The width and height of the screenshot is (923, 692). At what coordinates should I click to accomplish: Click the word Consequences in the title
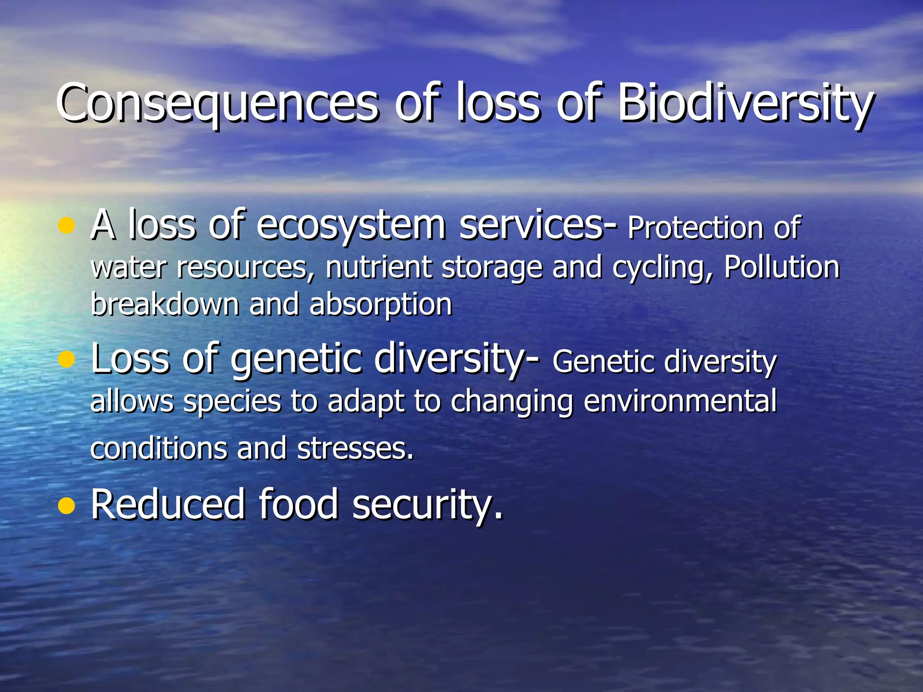pyautogui.click(x=216, y=104)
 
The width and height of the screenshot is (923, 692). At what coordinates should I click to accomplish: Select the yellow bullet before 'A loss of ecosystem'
pyautogui.click(x=66, y=225)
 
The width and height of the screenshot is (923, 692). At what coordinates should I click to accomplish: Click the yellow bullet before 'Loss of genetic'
pyautogui.click(x=66, y=360)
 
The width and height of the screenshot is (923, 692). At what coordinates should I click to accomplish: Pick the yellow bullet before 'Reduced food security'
pyautogui.click(x=66, y=505)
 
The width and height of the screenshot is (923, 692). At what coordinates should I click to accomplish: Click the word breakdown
pyautogui.click(x=164, y=305)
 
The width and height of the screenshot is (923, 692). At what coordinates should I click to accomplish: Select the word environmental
pyautogui.click(x=681, y=401)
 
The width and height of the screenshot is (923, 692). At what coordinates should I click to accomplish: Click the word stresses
pyautogui.click(x=355, y=449)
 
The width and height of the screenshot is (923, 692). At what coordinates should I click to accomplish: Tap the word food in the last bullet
pyautogui.click(x=298, y=505)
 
